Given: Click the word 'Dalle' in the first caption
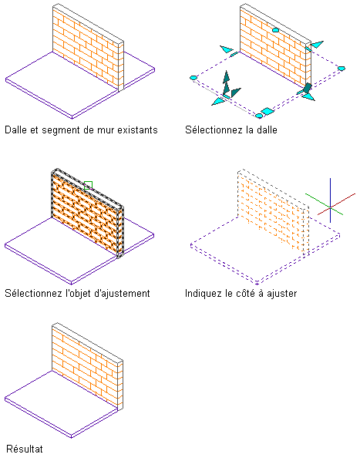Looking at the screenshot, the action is click(16, 130).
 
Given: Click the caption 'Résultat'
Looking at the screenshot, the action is click(25, 449).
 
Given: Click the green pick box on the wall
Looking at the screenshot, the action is click(88, 185).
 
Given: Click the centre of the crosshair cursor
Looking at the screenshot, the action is click(330, 207).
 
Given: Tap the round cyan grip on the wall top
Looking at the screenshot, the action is click(275, 30).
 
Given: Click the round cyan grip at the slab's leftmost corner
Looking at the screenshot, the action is click(193, 78).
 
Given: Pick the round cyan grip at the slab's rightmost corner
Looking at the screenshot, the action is click(341, 69).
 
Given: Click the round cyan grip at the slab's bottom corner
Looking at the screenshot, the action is click(259, 116).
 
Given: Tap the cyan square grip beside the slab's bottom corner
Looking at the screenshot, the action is click(267, 111).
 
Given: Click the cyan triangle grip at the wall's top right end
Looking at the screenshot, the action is click(317, 45).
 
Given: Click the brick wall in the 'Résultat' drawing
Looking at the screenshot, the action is click(88, 365).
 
